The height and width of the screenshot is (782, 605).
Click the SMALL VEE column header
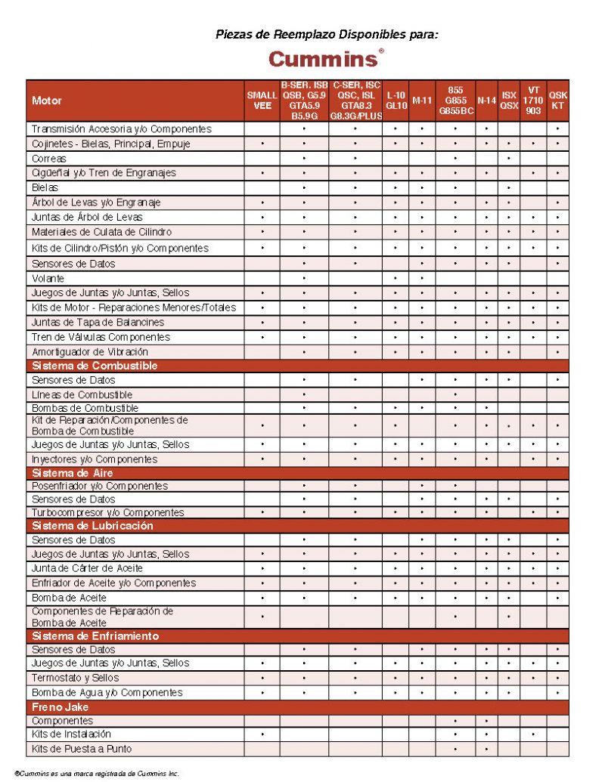click(x=262, y=100)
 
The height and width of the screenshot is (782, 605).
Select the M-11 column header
click(x=422, y=100)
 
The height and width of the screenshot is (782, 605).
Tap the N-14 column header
click(x=486, y=100)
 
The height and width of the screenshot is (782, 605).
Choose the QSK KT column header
click(x=557, y=100)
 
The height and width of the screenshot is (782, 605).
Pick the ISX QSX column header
click(x=509, y=100)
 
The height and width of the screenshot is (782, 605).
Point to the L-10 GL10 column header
click(x=396, y=100)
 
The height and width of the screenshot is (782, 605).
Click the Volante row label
click(x=48, y=278)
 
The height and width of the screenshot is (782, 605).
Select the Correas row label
click(x=49, y=159)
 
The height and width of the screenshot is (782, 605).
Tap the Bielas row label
click(x=45, y=187)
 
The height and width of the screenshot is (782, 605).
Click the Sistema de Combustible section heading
click(x=95, y=366)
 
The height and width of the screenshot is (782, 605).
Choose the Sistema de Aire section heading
click(x=73, y=473)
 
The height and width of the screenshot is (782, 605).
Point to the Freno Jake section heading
click(x=60, y=707)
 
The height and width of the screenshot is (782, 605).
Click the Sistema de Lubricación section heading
click(x=92, y=526)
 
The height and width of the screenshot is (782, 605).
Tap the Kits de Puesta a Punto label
click(x=82, y=749)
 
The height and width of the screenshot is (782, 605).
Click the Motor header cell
click(x=47, y=100)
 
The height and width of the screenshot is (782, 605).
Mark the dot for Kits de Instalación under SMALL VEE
click(x=262, y=734)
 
